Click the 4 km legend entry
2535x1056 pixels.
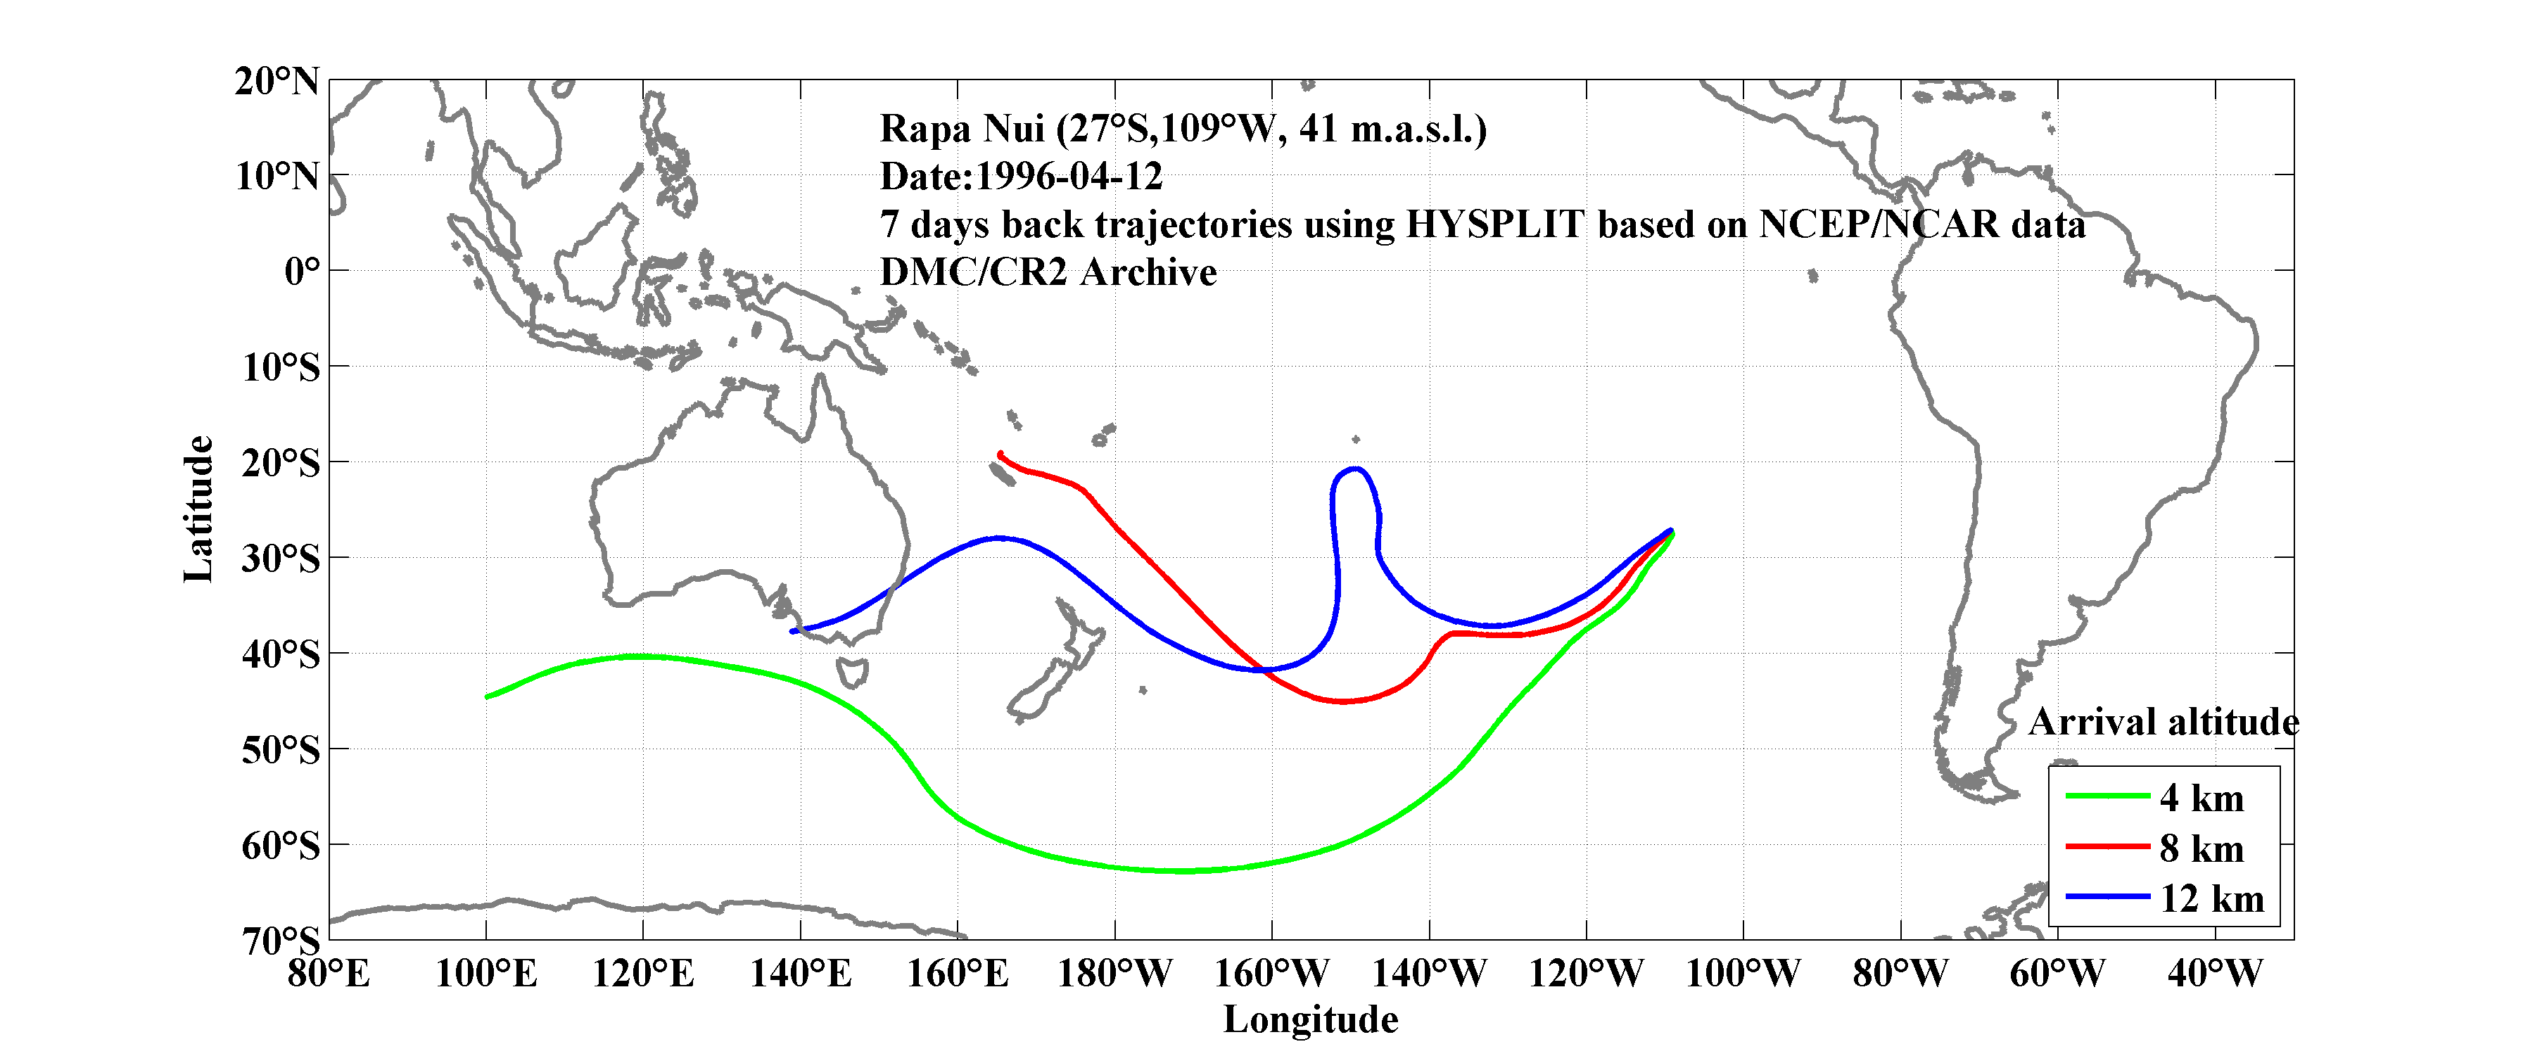2202,798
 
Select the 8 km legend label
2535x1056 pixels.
2202,848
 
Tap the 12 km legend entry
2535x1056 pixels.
2211,898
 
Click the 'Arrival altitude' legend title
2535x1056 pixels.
2163,723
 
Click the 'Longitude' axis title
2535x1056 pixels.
1310,1019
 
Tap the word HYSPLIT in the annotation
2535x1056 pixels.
1494,224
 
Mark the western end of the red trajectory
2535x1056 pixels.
1000,454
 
